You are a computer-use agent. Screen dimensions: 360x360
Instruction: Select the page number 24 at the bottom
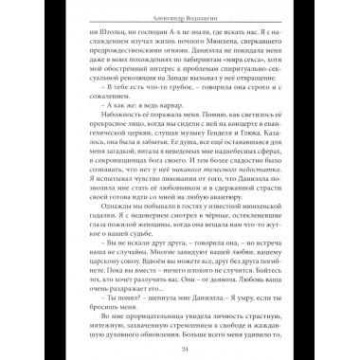pyautogui.click(x=180, y=347)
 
